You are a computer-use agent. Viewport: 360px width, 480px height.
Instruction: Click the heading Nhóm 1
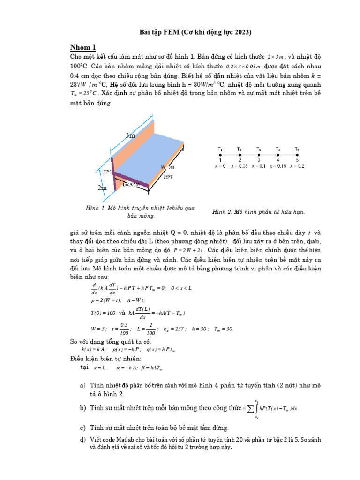click(82, 47)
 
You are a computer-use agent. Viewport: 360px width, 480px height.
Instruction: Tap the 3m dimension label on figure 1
click(130, 135)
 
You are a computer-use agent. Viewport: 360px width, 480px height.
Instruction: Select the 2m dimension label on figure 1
click(102, 188)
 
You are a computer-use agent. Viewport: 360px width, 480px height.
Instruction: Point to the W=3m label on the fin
click(168, 167)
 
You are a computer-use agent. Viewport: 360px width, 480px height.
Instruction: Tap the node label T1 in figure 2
click(220, 149)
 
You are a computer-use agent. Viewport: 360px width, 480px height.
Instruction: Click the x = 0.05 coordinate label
click(240, 166)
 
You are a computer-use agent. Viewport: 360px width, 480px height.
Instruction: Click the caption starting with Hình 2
click(259, 212)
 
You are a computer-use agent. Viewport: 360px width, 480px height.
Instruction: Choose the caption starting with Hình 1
click(140, 212)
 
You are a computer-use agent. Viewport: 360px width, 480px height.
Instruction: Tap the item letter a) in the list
click(82, 385)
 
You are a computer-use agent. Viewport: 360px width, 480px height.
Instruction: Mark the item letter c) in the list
click(82, 427)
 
